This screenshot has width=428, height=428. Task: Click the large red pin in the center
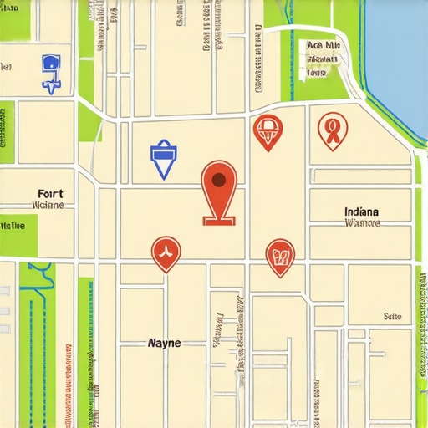[x=219, y=188]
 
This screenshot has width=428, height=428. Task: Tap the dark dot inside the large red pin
[x=219, y=179]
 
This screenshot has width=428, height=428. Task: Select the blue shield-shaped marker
[x=161, y=160]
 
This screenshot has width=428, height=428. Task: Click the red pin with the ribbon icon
[x=332, y=130]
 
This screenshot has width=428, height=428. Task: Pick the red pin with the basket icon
[x=267, y=131]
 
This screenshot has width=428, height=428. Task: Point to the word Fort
[x=49, y=193]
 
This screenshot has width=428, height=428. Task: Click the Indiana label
[x=361, y=211]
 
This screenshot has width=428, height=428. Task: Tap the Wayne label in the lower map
[x=163, y=343]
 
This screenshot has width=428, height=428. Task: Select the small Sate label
[x=392, y=317]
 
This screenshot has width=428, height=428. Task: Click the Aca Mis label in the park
[x=324, y=46]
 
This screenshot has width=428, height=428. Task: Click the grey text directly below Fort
[x=48, y=205]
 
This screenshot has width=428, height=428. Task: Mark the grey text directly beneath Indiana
[x=362, y=223]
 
